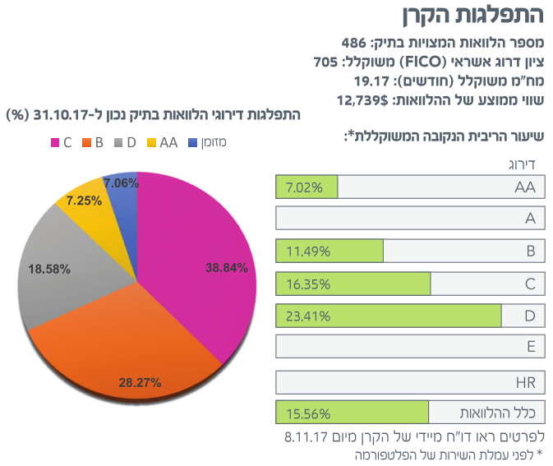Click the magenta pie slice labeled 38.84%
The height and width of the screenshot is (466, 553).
click(197, 263)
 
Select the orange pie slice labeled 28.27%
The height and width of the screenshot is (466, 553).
click(140, 345)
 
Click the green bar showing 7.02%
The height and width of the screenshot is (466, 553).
click(307, 187)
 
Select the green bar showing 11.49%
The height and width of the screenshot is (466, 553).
click(329, 251)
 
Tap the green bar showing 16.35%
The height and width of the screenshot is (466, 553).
click(353, 284)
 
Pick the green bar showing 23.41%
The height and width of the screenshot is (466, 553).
click(389, 316)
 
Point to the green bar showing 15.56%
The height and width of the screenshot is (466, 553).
click(353, 412)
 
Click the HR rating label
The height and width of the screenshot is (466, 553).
click(525, 382)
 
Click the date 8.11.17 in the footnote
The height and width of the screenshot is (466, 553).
click(307, 435)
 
